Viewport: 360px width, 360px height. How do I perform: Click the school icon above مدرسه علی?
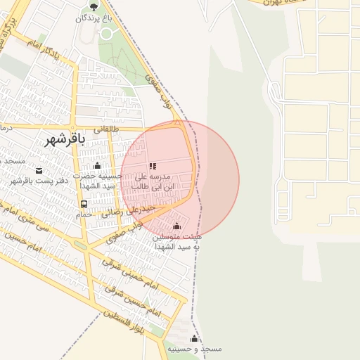153,167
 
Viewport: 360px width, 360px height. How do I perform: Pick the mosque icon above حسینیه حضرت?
97,166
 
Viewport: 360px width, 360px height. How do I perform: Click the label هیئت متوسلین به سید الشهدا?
176,242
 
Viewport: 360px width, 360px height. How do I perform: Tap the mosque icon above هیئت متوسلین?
176,226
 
